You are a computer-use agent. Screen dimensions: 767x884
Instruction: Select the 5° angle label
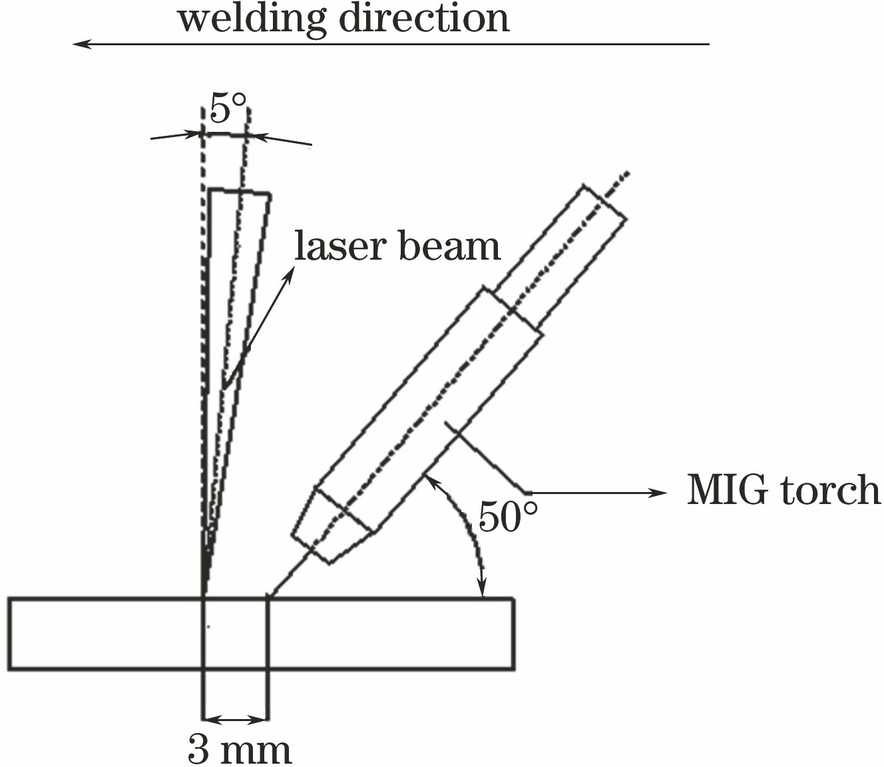click(228, 108)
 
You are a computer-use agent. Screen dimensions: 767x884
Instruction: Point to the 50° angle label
click(507, 516)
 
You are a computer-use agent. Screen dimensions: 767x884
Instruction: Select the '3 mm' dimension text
click(239, 750)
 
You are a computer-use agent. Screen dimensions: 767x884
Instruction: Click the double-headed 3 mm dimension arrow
click(235, 719)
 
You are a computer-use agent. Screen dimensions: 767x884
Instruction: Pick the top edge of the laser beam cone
click(240, 192)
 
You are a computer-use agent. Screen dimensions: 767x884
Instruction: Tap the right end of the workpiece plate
click(513, 633)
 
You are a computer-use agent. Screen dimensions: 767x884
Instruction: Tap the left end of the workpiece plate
click(10, 633)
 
